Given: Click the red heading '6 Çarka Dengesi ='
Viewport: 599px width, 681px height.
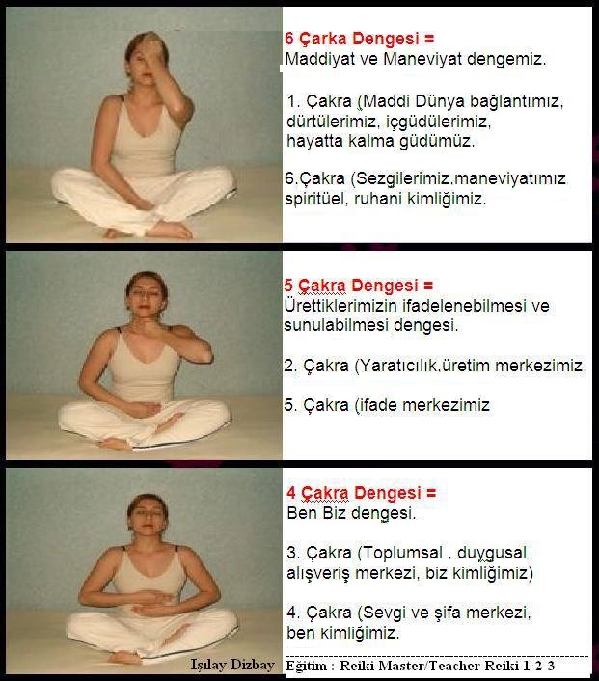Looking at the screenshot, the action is tap(359, 39).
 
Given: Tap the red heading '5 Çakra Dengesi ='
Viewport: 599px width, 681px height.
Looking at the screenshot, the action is tap(359, 286).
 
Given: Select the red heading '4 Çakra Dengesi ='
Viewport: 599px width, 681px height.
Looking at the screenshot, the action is tap(361, 493).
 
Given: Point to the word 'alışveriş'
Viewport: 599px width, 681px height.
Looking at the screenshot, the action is tap(318, 573).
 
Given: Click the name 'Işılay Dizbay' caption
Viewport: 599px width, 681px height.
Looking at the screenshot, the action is tap(232, 665).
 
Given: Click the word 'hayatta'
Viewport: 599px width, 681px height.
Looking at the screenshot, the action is tap(314, 141).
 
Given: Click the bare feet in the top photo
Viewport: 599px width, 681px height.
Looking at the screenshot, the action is tap(149, 231).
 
